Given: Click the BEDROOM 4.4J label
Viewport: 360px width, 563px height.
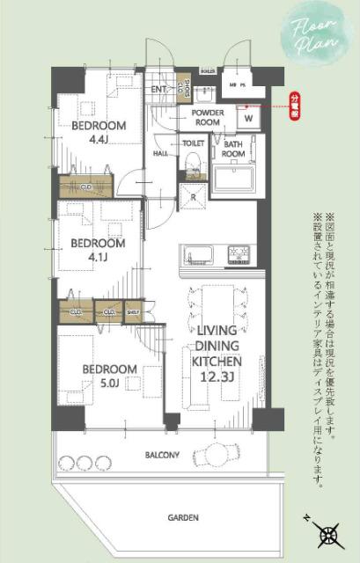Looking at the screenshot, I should [99, 131].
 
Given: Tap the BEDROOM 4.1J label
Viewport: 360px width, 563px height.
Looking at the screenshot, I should [99, 249].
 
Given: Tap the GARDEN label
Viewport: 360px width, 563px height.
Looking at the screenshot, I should [185, 518].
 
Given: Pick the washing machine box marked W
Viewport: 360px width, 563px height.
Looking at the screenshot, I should [248, 118].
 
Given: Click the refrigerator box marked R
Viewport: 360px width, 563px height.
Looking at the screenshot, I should [193, 198].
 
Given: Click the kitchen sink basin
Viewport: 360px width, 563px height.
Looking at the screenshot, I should [198, 256].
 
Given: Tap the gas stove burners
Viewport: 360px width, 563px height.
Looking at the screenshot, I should [239, 255].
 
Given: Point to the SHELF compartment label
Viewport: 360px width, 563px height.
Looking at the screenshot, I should [133, 311].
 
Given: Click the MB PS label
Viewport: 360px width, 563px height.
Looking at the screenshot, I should [237, 84].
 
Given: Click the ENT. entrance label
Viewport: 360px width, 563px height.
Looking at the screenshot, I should [159, 89].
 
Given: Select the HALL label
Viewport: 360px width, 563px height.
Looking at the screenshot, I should [161, 153].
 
